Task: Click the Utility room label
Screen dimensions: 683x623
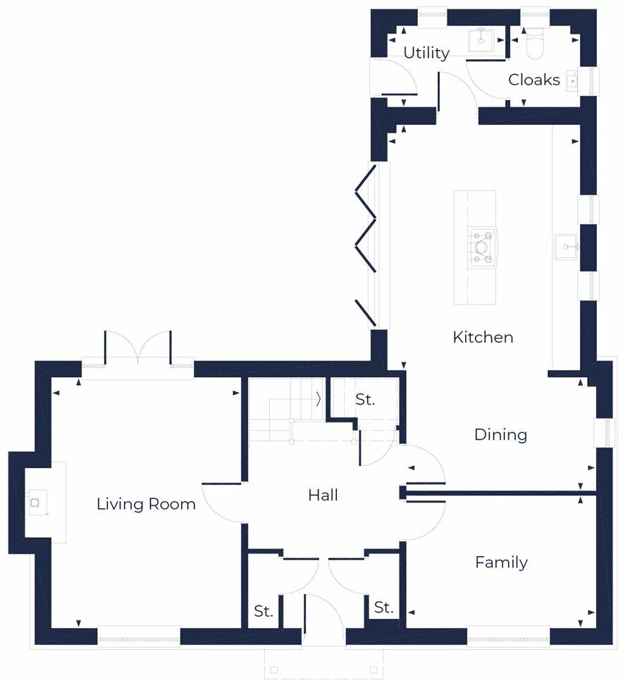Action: [426, 54]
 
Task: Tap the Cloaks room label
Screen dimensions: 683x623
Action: [534, 80]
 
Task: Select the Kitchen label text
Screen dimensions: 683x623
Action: [483, 338]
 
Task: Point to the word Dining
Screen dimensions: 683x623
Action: [500, 435]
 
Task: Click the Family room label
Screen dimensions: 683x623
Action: [501, 562]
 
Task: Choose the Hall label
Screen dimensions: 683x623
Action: [323, 496]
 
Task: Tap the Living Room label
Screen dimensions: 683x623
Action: [146, 505]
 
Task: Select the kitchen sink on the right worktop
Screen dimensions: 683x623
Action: [565, 247]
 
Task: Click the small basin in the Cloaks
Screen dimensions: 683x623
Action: [572, 80]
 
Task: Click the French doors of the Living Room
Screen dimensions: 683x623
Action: [137, 348]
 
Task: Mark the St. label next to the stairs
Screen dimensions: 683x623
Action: [365, 400]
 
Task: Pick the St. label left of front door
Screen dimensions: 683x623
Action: [264, 612]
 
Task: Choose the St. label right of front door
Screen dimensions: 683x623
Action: [383, 608]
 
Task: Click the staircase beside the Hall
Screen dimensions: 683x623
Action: [282, 411]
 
